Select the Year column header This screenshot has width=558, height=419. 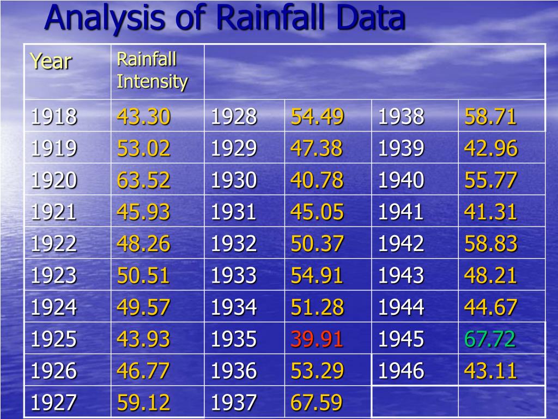[51, 61]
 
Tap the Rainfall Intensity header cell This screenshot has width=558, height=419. [152, 71]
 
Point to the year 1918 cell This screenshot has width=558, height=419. [54, 117]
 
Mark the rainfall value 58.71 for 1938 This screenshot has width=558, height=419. [490, 117]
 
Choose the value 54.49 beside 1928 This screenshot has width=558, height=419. [317, 117]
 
